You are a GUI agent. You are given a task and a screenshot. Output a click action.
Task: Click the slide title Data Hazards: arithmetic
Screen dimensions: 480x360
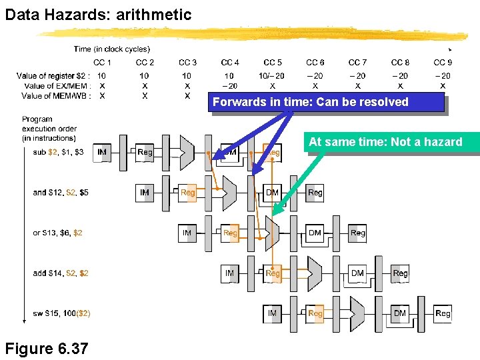click(98, 14)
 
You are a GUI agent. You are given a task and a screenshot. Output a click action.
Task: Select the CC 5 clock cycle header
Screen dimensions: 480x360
click(273, 63)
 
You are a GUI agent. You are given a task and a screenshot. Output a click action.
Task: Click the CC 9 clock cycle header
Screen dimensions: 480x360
click(443, 63)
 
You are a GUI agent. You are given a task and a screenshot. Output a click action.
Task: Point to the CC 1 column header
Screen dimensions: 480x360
click(102, 63)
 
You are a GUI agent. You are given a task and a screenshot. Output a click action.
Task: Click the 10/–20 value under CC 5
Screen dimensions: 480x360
click(272, 76)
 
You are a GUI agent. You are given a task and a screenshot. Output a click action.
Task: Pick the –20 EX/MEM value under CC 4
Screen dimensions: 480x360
click(229, 86)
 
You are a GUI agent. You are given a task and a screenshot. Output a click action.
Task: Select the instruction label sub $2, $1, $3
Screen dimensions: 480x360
click(59, 153)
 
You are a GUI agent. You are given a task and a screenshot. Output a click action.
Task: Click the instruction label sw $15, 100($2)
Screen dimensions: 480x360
click(62, 313)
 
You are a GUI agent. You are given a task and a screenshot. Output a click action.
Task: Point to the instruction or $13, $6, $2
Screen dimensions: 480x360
click(58, 233)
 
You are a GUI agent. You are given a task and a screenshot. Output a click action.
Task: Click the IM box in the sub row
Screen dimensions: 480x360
click(102, 153)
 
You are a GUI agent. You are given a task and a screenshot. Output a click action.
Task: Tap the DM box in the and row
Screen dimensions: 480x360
click(272, 193)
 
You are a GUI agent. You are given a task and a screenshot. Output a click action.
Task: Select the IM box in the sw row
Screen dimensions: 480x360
click(272, 313)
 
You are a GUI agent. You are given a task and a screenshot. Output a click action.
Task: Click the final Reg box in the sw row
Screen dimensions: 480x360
click(443, 313)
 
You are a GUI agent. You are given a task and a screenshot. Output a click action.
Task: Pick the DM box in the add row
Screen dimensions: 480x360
click(357, 273)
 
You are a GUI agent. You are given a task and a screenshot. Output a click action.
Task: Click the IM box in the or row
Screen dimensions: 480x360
click(187, 233)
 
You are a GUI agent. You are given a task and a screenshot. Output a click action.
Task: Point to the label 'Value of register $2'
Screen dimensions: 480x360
click(53, 76)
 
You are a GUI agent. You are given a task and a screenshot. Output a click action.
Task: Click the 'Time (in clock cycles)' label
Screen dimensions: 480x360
click(112, 49)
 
